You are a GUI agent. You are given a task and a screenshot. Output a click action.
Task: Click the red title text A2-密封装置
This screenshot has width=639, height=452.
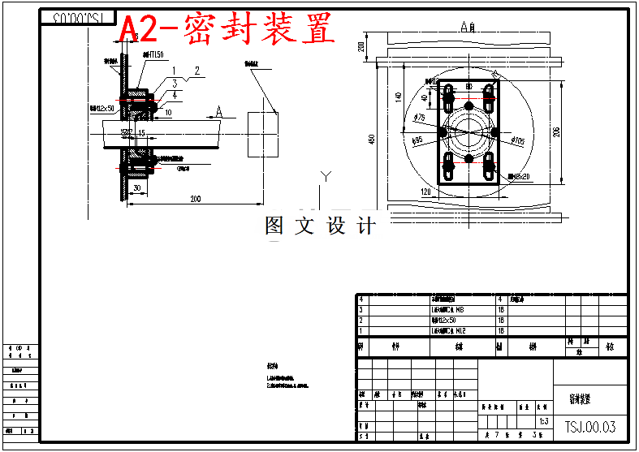click(x=227, y=30)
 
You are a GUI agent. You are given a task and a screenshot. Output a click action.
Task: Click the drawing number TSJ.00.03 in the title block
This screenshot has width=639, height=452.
click(x=590, y=427)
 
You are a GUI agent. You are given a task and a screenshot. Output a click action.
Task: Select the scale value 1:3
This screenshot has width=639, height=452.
click(x=544, y=422)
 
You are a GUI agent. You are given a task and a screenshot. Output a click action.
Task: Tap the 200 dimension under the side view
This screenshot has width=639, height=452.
click(x=196, y=198)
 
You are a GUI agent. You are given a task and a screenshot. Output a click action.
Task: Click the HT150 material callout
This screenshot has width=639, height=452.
click(x=153, y=54)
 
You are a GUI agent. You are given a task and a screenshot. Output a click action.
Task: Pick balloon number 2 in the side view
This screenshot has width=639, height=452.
click(x=196, y=71)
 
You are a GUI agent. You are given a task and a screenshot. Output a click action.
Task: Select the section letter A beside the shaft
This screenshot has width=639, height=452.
click(x=218, y=111)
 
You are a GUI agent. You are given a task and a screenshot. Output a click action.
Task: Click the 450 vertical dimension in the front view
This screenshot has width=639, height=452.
click(x=372, y=140)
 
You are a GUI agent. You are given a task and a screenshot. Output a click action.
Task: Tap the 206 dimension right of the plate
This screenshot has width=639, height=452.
click(x=556, y=132)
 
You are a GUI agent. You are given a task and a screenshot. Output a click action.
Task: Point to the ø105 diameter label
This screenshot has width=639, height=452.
click(x=518, y=142)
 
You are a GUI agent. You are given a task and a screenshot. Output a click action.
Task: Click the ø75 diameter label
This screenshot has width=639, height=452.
click(x=420, y=118)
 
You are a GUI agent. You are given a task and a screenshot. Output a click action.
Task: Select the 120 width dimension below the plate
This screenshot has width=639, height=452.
click(x=425, y=192)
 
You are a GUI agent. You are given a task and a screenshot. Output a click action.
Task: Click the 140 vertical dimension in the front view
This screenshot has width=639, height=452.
click(x=398, y=97)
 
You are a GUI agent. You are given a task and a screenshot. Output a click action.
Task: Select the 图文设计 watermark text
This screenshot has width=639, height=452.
click(x=321, y=226)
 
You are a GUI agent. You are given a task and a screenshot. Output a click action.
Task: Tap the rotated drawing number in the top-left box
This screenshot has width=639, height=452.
click(x=78, y=16)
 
